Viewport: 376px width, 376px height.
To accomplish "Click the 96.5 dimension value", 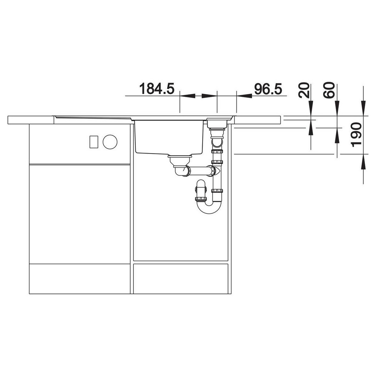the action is (x=268, y=89).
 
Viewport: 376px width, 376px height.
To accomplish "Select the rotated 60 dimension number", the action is (x=329, y=90).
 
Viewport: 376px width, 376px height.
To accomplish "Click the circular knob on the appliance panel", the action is (x=110, y=142).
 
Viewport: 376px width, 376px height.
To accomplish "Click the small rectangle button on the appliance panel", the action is (x=94, y=142).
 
